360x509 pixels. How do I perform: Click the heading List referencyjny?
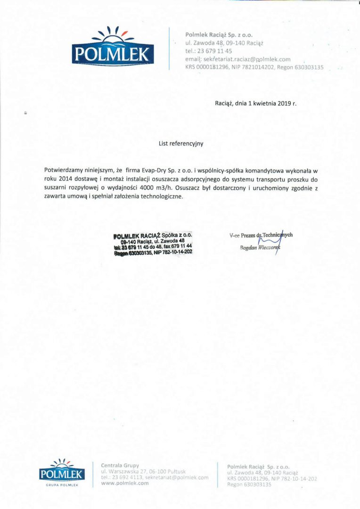[x=180, y=144]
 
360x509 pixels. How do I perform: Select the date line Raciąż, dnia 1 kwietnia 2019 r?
[x=256, y=102]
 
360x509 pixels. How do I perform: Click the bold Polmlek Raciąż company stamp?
[x=153, y=243]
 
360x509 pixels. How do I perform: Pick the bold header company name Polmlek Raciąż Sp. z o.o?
[x=219, y=34]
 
